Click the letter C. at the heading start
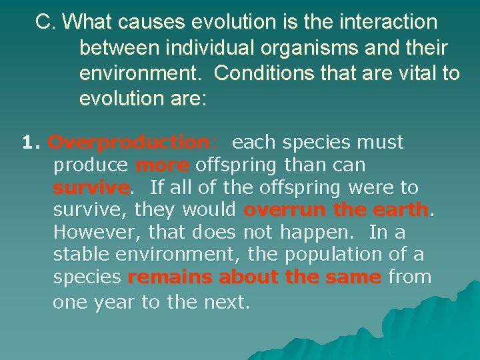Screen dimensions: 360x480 [x=46, y=23]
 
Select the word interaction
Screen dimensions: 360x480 [x=381, y=23]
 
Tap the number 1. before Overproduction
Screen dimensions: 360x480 [x=32, y=143]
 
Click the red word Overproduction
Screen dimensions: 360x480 [x=129, y=143]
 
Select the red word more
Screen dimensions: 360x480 [x=163, y=165]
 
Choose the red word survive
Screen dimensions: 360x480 [x=91, y=188]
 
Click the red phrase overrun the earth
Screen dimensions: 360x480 [x=336, y=211]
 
